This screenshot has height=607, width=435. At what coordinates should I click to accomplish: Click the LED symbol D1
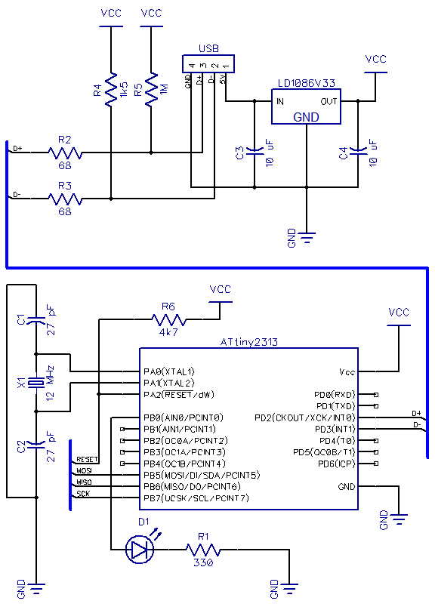point(140,549)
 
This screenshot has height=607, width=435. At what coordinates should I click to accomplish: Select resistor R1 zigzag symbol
point(203,550)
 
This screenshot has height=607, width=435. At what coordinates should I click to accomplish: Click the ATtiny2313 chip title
point(248,342)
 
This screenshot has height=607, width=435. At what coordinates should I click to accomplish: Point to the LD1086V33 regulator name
point(306,83)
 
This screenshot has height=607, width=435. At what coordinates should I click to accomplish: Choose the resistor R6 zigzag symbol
point(168,320)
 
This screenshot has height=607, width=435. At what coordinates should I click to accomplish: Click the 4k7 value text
point(168,332)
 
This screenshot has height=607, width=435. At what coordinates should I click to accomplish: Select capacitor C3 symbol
point(255,150)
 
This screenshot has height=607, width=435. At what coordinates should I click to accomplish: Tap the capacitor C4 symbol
point(358,150)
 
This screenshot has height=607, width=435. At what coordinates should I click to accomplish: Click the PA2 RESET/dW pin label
point(178,394)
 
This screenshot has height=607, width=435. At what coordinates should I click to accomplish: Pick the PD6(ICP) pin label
point(336,464)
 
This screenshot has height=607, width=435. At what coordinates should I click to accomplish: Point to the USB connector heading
point(208,48)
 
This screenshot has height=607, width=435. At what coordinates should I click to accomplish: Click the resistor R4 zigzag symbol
point(111,89)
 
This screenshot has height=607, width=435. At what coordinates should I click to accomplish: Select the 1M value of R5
point(163,89)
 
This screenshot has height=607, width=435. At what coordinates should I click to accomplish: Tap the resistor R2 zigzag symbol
point(65,153)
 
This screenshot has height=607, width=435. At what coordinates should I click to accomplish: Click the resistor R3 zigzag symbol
point(65,199)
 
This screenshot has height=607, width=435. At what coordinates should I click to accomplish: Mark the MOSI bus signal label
point(84,471)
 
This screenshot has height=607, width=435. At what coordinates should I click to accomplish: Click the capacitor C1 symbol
point(36,320)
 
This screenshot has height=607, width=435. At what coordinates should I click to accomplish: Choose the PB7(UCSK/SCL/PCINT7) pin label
point(196,498)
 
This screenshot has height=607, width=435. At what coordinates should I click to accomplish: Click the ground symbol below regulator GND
point(307,237)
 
